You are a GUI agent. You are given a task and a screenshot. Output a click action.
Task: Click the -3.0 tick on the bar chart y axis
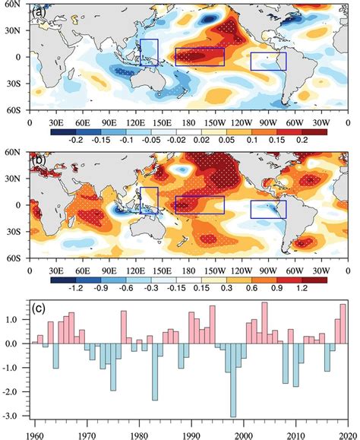(x=17, y=416)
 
